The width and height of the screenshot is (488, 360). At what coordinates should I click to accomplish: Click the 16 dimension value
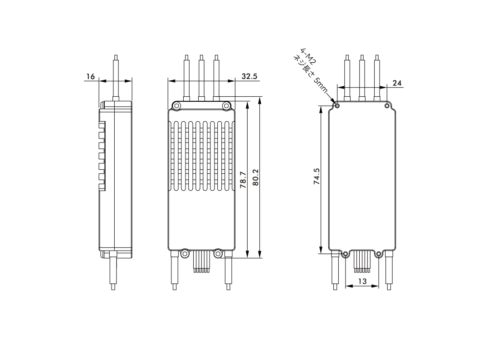(91, 77)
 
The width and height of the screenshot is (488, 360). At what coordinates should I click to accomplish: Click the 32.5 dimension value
(249, 77)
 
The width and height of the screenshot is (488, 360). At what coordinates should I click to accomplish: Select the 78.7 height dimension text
(243, 180)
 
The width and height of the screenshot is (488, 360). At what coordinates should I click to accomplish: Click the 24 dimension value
(397, 83)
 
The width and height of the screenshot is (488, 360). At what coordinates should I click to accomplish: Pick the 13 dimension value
(362, 281)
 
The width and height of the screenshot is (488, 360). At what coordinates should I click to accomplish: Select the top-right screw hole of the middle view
(226, 106)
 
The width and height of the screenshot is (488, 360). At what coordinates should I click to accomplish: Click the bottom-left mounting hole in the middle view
(185, 253)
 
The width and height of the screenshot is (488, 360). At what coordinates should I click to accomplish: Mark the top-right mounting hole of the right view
(387, 106)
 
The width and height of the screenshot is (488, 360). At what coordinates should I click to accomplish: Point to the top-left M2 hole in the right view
(336, 106)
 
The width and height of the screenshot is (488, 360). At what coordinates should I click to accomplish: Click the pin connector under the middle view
(201, 262)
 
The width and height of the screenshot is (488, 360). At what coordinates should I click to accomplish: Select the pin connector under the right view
(362, 262)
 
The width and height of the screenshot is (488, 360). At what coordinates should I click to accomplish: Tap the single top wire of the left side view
(116, 77)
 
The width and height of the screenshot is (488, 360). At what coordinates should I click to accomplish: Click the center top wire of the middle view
(201, 77)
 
